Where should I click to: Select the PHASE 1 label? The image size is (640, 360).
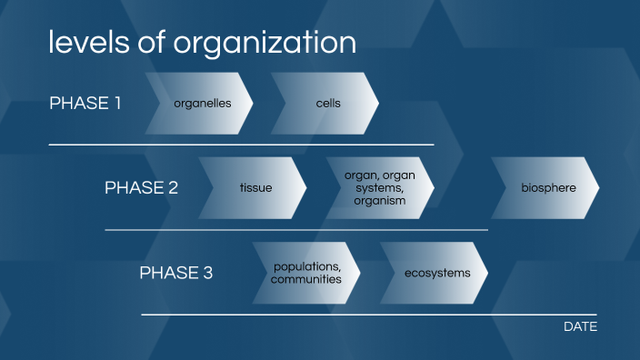tap(85, 103)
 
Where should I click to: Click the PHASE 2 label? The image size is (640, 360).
tap(141, 188)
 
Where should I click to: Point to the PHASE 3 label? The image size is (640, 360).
tap(175, 273)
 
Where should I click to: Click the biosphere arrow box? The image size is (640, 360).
tap(546, 188)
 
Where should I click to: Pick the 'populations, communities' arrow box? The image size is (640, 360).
tap(306, 273)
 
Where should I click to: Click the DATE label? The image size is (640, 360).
tap(580, 326)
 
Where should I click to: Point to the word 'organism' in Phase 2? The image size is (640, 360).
tap(379, 201)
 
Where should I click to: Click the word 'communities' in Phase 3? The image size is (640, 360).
tap(306, 279)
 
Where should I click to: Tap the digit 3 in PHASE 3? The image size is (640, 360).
tap(207, 273)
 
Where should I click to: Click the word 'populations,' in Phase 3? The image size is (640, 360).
tap(307, 266)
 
